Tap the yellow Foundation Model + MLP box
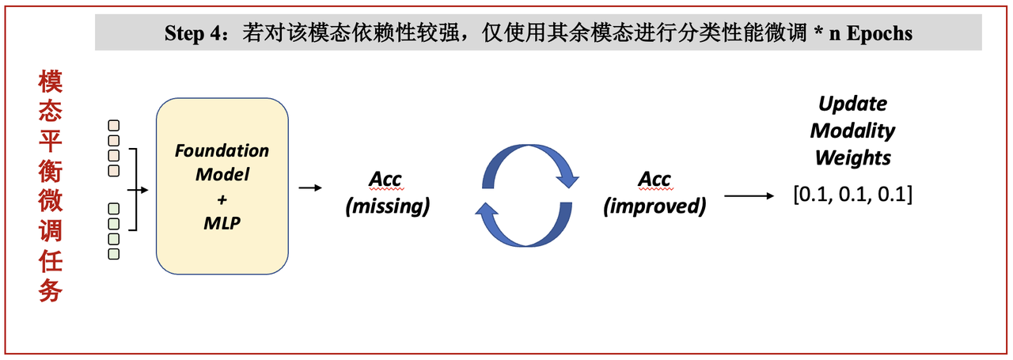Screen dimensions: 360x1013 click(x=222, y=186)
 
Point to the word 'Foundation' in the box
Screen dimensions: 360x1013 click(x=222, y=150)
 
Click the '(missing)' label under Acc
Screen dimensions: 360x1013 click(x=387, y=207)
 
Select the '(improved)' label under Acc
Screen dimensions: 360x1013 click(x=654, y=207)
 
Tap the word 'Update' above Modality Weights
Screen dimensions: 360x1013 click(x=852, y=104)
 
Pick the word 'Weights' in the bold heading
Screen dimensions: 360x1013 click(x=852, y=157)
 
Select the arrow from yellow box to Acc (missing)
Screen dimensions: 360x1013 click(x=309, y=188)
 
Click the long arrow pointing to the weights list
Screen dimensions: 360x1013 click(x=749, y=195)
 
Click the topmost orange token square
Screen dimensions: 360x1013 click(x=114, y=124)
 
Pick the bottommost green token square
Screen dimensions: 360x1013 click(x=114, y=253)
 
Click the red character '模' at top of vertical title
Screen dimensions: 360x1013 click(x=50, y=81)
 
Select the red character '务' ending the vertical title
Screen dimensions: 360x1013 click(x=50, y=291)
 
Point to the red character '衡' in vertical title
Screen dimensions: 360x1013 click(x=50, y=172)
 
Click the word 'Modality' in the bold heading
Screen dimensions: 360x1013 click(x=852, y=131)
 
